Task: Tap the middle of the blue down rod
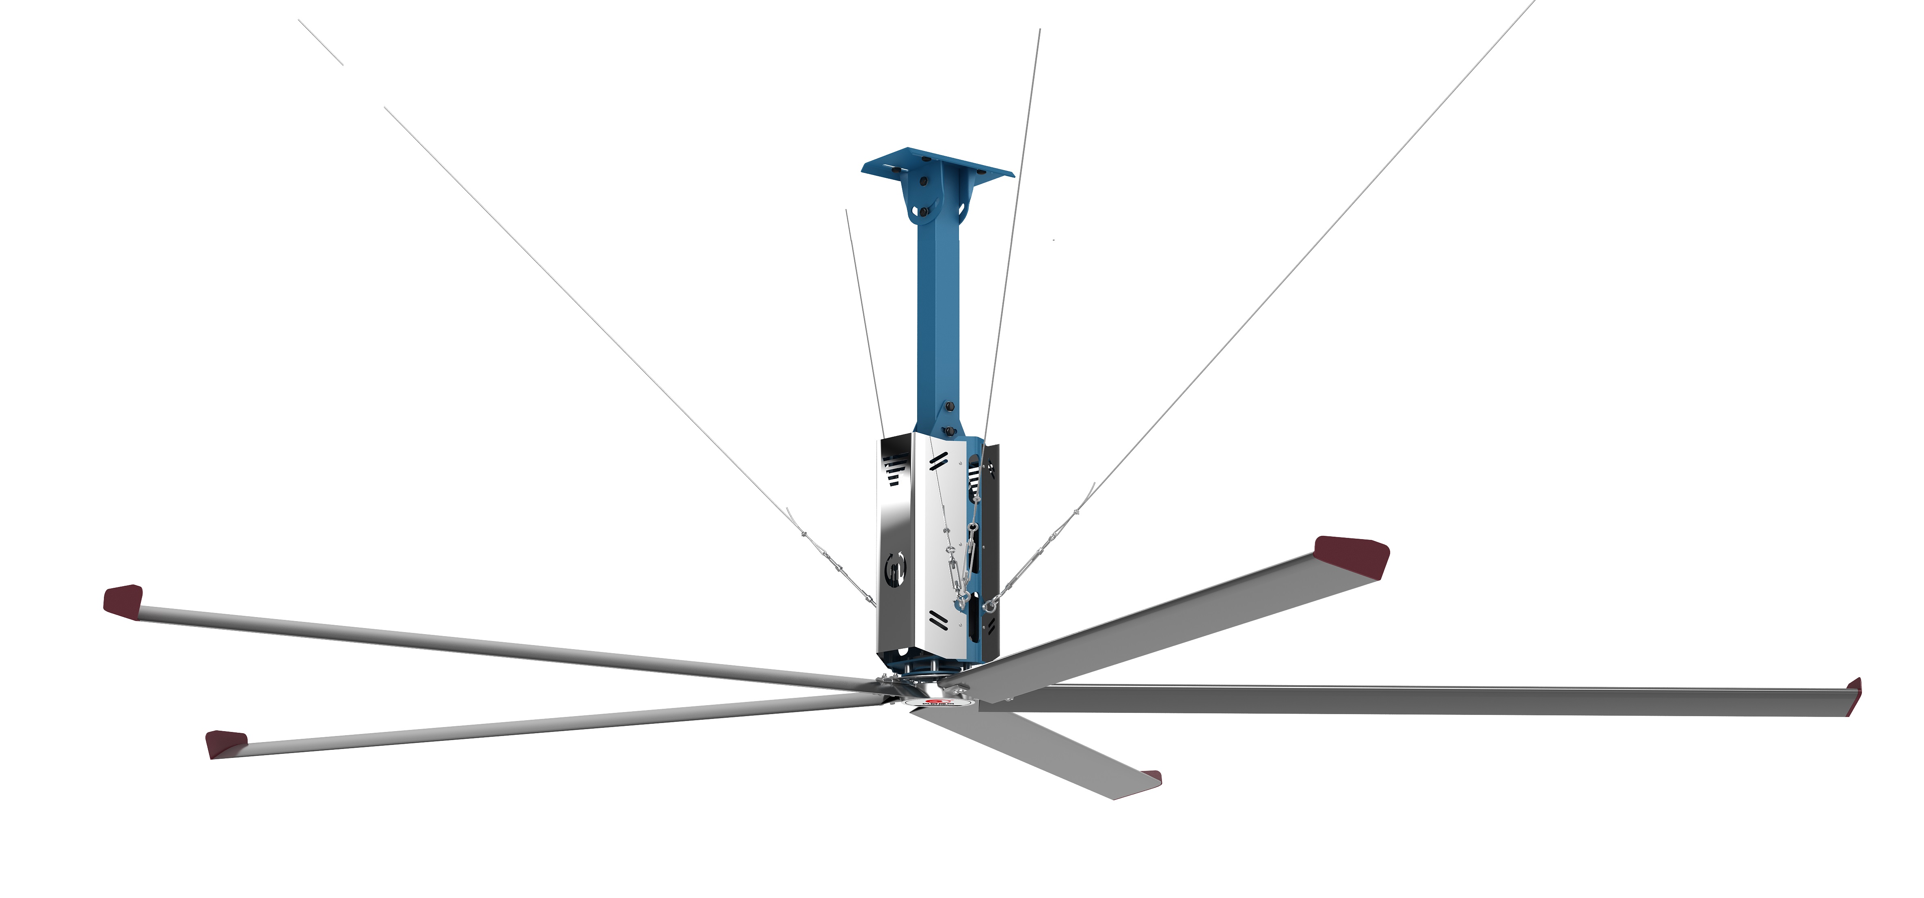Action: click(939, 314)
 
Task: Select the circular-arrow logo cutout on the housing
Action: click(896, 569)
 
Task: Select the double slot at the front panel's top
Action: click(938, 461)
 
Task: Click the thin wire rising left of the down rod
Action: click(864, 321)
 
